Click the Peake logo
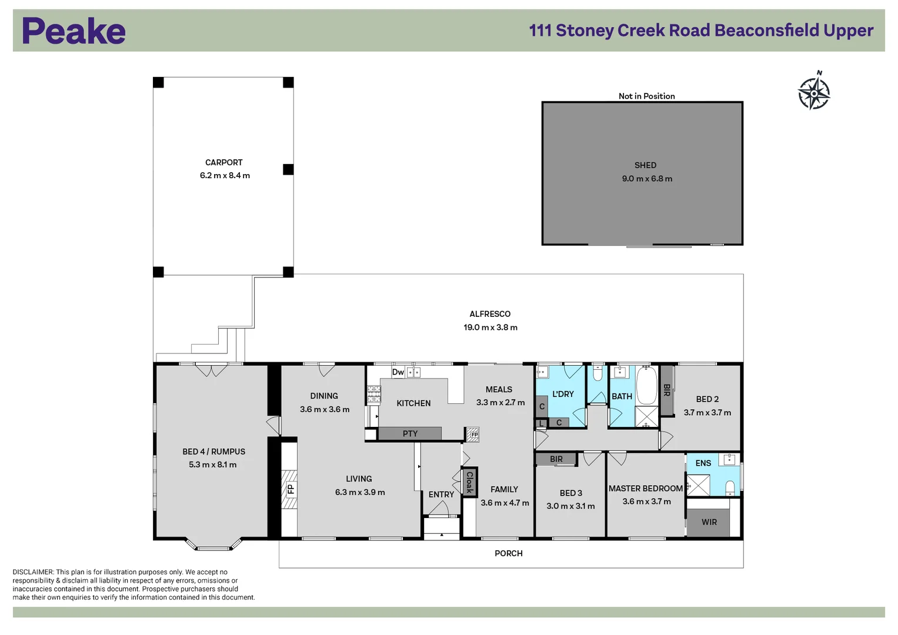pyautogui.click(x=74, y=31)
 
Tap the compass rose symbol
pyautogui.click(x=814, y=92)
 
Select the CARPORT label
pyautogui.click(x=223, y=162)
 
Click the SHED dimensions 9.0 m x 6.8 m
pyautogui.click(x=647, y=179)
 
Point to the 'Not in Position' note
pyautogui.click(x=646, y=96)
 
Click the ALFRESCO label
pyautogui.click(x=490, y=314)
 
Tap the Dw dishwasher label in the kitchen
pyautogui.click(x=398, y=372)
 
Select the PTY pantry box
pyautogui.click(x=410, y=434)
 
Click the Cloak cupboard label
pyautogui.click(x=469, y=482)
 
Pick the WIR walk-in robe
pyautogui.click(x=709, y=522)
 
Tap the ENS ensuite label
pyautogui.click(x=703, y=463)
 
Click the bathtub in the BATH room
pyautogui.click(x=647, y=385)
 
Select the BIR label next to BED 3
pyautogui.click(x=556, y=459)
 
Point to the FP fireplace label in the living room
pyautogui.click(x=290, y=489)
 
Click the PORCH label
pyautogui.click(x=508, y=553)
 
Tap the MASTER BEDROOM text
pyautogui.click(x=645, y=489)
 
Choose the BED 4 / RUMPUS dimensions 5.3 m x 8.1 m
pyautogui.click(x=212, y=464)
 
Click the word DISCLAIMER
pyautogui.click(x=33, y=572)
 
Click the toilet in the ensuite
pyautogui.click(x=730, y=487)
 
